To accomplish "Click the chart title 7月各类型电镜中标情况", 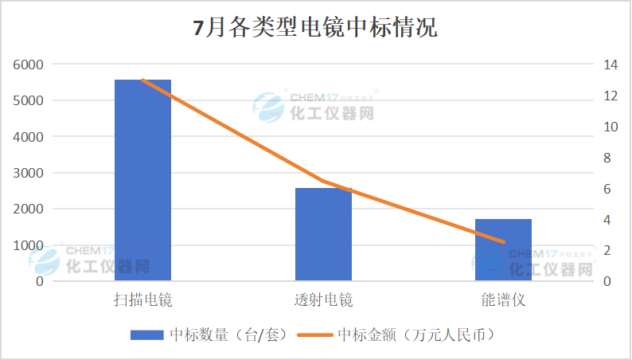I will point(315,29).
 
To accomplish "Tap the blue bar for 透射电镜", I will point(323,234).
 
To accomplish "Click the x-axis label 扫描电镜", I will point(142,300).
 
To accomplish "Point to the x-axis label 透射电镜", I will point(323,300).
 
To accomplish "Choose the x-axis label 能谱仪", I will point(503,300).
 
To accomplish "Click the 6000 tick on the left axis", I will point(29,65).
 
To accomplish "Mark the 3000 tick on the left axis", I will point(29,173).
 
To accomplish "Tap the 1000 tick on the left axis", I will point(29,245).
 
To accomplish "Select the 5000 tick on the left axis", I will point(29,100).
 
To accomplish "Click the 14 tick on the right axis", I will point(611,65).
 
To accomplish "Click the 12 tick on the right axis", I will point(611,96).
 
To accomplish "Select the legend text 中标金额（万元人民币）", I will point(416,335).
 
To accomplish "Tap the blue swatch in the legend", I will point(146,335).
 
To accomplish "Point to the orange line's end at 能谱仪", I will point(503,241).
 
